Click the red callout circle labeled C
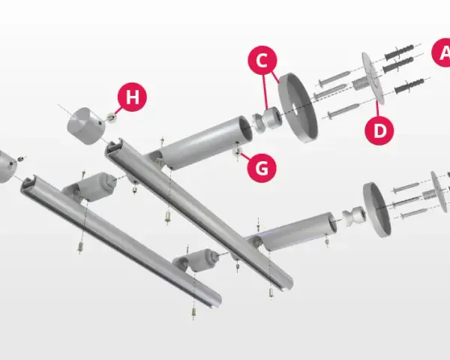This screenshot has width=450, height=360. [262, 61]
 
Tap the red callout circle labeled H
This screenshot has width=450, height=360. [132, 97]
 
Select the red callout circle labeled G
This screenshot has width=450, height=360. [262, 168]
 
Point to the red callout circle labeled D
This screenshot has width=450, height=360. [379, 130]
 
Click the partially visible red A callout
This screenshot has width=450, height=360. [441, 52]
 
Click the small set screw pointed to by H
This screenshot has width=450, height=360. [111, 117]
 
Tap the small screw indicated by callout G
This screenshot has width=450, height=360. [237, 151]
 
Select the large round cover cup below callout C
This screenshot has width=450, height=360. [298, 107]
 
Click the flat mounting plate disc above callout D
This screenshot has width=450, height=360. [373, 78]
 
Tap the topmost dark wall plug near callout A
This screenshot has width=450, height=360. [399, 52]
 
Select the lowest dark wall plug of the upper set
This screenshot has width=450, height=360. [409, 85]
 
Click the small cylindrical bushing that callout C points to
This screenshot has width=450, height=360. [272, 118]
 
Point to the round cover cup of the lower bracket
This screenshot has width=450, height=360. [376, 209]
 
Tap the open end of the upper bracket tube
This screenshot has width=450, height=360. [244, 128]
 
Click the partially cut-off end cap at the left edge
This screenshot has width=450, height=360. [6, 166]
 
